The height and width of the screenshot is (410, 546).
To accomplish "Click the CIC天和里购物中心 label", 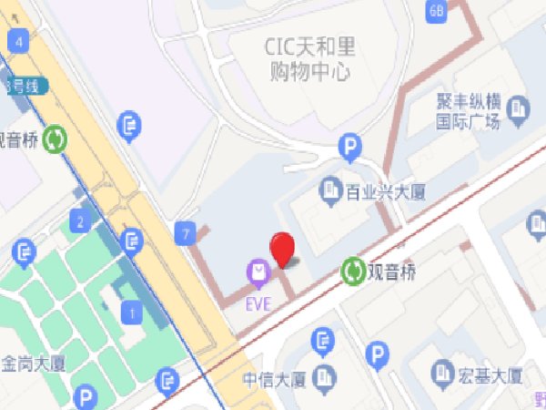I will click(308, 57).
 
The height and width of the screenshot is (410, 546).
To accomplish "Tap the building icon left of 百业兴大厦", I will click(329, 190).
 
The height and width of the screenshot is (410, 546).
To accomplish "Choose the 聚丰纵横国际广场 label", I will click(467, 111).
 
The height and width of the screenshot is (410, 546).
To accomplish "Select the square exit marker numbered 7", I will click(187, 234).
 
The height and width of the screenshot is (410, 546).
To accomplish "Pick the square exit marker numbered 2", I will click(81, 221).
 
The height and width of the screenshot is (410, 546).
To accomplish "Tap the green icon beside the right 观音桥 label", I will click(351, 271).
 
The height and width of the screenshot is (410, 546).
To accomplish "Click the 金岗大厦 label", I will click(33, 362).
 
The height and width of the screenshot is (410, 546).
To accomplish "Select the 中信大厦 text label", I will click(273, 377).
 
